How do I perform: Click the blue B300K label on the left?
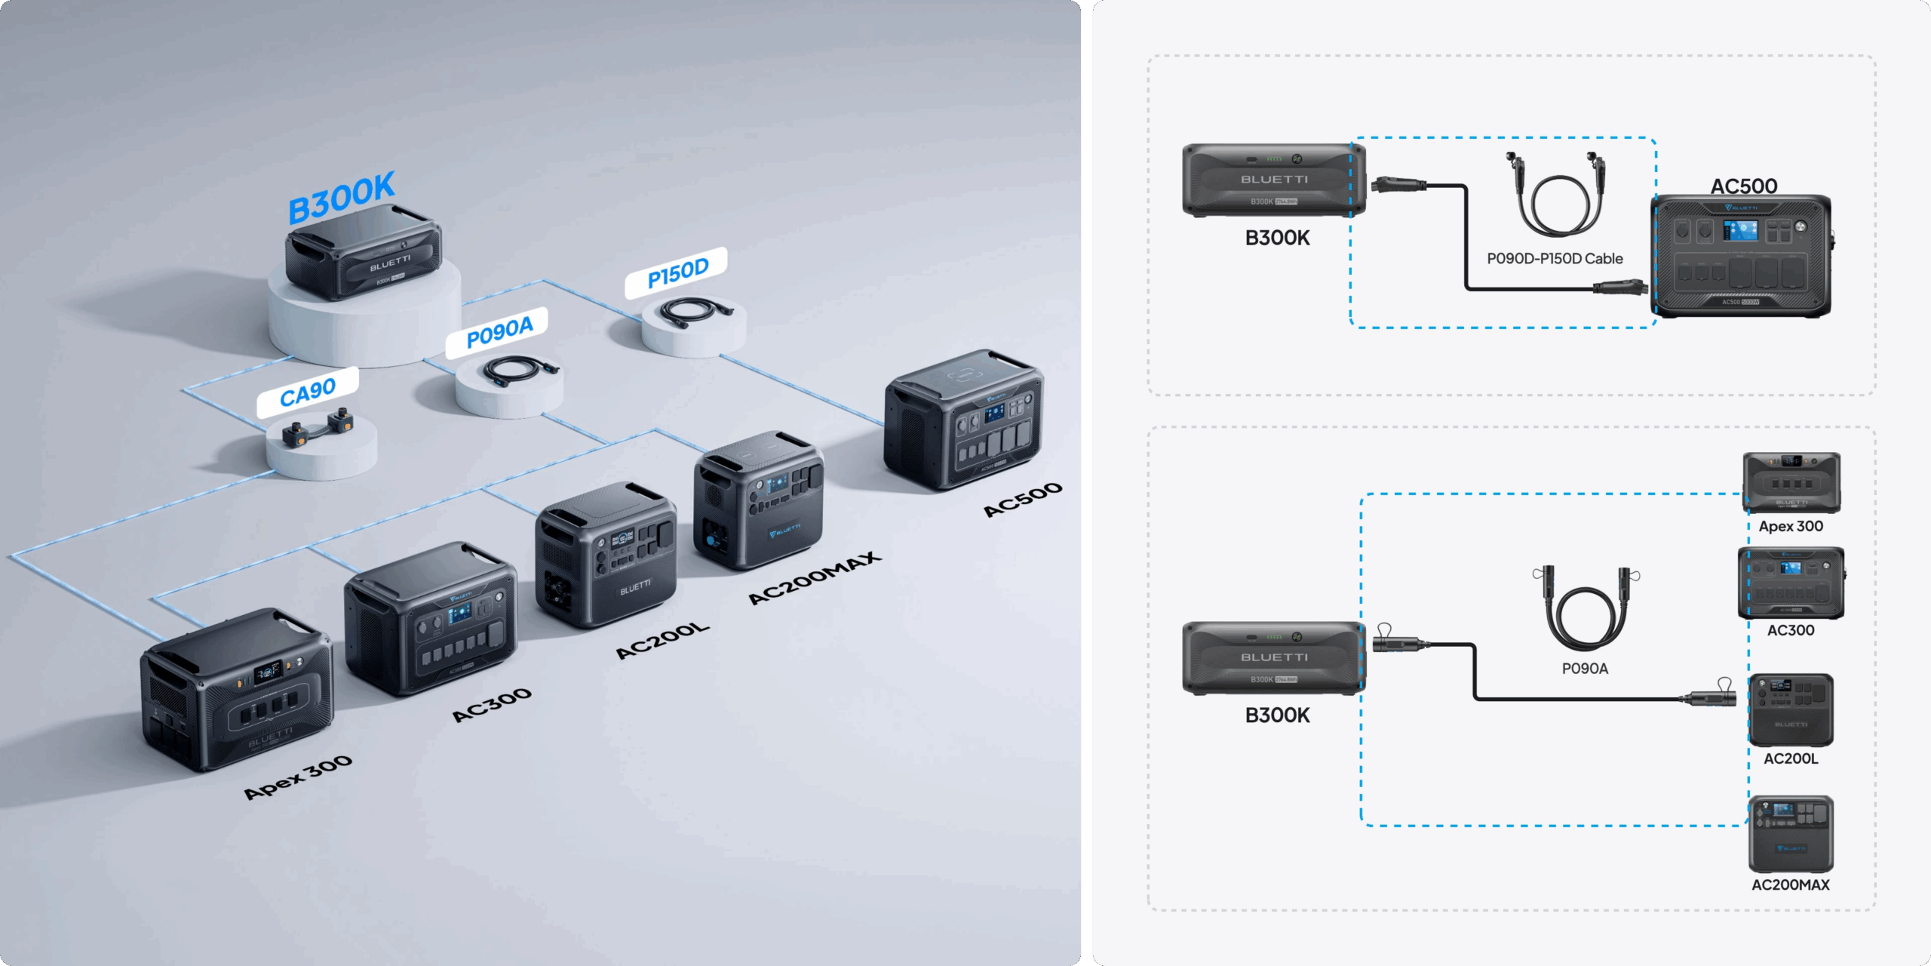[x=342, y=197]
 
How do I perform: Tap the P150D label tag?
[x=677, y=272]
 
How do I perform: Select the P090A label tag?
[x=499, y=332]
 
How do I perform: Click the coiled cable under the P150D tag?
[x=695, y=309]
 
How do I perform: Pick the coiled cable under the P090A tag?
[x=520, y=371]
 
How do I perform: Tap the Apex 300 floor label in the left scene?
[x=298, y=777]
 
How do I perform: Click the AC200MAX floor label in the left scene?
[x=814, y=577]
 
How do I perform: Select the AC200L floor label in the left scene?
[x=662, y=641]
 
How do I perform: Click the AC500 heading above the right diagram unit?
[x=1743, y=186]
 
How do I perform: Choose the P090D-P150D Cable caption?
[x=1555, y=259]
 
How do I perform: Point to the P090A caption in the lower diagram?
[x=1585, y=669]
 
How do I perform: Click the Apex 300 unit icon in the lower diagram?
[x=1791, y=483]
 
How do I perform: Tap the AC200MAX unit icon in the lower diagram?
[x=1791, y=834]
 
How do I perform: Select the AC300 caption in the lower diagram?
[x=1791, y=630]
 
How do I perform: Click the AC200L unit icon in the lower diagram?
[x=1791, y=710]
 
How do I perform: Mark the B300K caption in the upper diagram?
[x=1277, y=238]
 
